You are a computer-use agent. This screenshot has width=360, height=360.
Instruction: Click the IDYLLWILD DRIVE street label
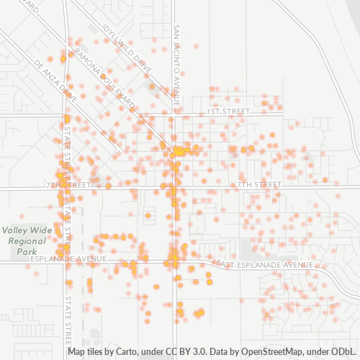pos(129,48)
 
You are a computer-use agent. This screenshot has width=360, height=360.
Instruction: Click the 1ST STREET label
pos(227,112)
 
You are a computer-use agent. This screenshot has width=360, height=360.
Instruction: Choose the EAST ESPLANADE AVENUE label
pos(264,265)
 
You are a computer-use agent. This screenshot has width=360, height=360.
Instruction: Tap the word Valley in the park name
pos(16,230)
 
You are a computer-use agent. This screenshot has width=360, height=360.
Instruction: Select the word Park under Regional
pos(27,253)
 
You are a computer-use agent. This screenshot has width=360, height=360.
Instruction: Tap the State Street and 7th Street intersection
pos(68,186)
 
